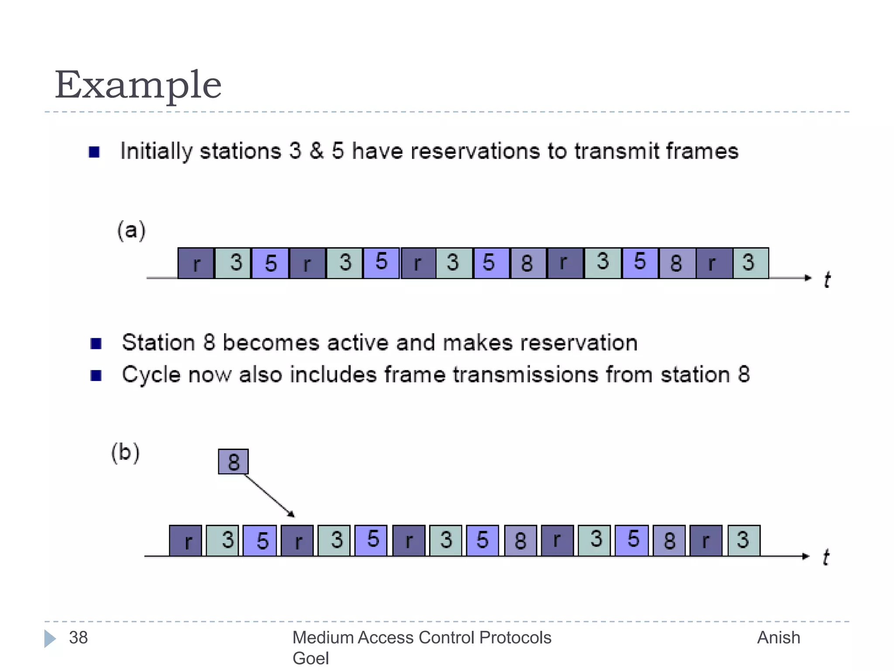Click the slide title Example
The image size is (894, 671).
coord(138,85)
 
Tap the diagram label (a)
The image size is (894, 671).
coord(131,230)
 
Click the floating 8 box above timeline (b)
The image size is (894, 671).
coord(234,462)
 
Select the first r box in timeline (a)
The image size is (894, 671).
coord(196,263)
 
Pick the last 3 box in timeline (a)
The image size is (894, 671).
coord(750,263)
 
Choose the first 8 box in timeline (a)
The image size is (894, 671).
coord(528,263)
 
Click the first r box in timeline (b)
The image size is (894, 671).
coord(186,541)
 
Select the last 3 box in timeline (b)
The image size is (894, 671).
coord(744,541)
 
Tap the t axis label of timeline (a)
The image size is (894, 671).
coord(827,280)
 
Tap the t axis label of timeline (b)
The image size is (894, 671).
coord(825,557)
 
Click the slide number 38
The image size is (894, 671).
coord(79,638)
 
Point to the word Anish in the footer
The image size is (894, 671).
coord(778,638)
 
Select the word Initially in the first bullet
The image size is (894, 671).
coord(156,152)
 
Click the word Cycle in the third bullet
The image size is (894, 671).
coord(151,375)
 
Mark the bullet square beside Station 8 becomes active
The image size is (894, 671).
coord(96,344)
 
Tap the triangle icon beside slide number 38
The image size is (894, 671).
coord(50,639)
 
